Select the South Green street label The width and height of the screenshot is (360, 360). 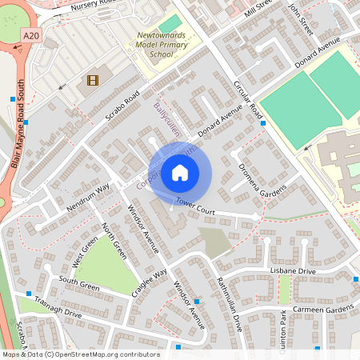coord(78,285)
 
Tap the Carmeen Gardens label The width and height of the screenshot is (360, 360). coord(324,309)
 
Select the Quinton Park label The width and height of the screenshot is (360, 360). coord(285,330)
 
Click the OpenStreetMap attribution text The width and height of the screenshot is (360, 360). coord(80,354)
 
